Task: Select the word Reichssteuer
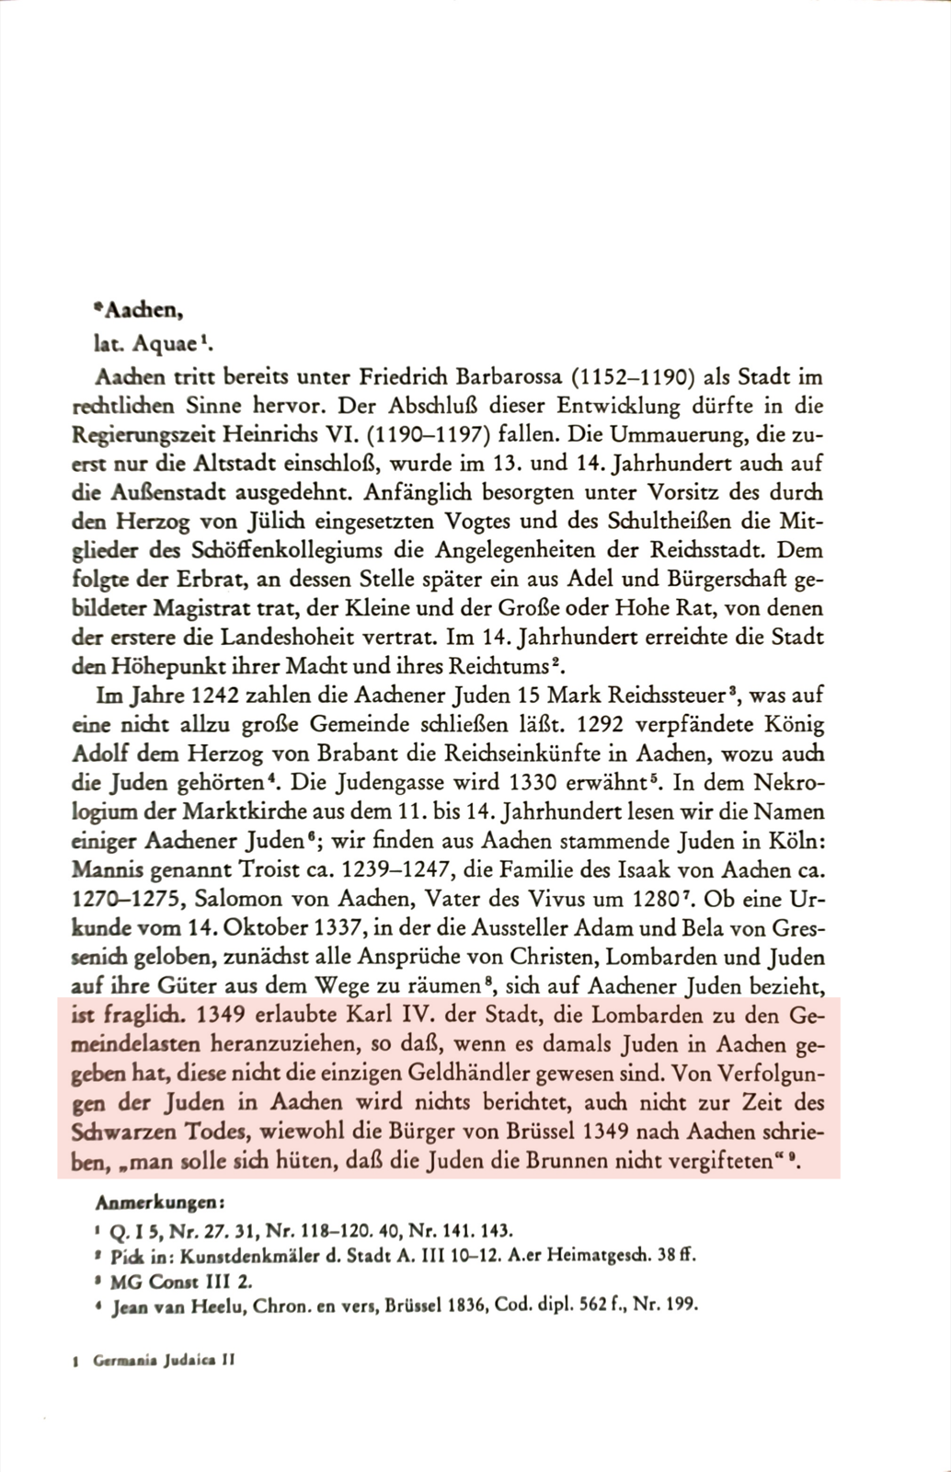[663, 695]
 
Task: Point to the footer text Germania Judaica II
[164, 1363]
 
